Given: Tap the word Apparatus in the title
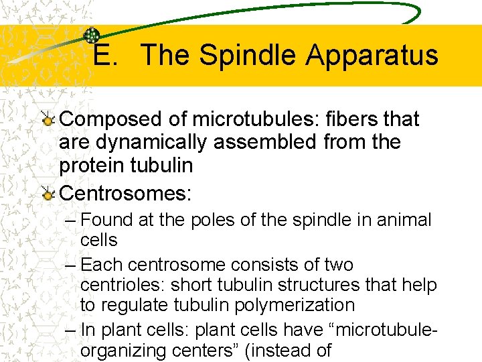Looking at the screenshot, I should tap(372, 56).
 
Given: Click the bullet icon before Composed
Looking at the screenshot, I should tap(48, 119).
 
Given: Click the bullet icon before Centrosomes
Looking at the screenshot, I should tap(48, 194).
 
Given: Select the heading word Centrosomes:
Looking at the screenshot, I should tap(126, 194).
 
